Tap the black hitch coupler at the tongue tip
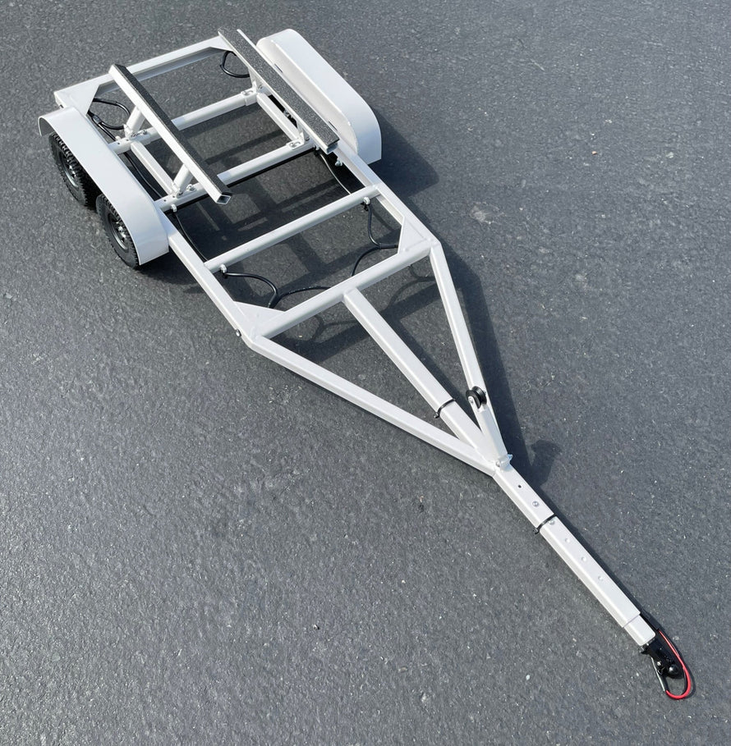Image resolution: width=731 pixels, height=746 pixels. point(660,657)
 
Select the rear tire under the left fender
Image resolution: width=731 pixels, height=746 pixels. point(71,168)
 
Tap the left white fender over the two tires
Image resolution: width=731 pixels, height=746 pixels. point(115,181)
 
